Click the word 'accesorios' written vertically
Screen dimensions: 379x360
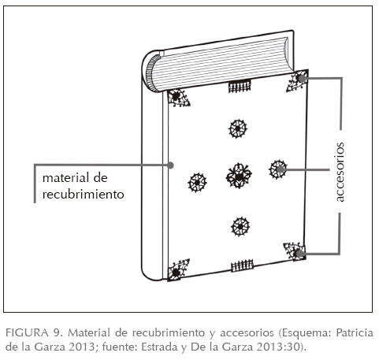[x=340, y=172]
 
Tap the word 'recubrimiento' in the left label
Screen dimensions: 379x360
[x=84, y=195]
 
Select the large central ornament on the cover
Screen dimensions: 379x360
[x=239, y=176]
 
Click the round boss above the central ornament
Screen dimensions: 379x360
[x=238, y=128]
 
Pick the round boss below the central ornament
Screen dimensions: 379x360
[x=240, y=226]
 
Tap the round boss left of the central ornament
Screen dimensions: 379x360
[x=197, y=183]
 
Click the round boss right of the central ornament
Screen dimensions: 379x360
[x=278, y=169]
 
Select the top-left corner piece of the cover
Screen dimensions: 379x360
[x=178, y=98]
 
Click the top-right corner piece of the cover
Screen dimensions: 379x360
[x=298, y=80]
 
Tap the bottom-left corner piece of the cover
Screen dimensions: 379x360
[x=178, y=270]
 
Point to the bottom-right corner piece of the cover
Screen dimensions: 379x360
[x=295, y=251]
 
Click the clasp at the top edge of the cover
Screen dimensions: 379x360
[x=240, y=86]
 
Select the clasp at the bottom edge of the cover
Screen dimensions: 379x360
[x=242, y=265]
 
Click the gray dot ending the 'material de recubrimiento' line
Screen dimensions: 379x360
[x=171, y=165]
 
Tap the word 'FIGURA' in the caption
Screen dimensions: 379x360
[x=28, y=333]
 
